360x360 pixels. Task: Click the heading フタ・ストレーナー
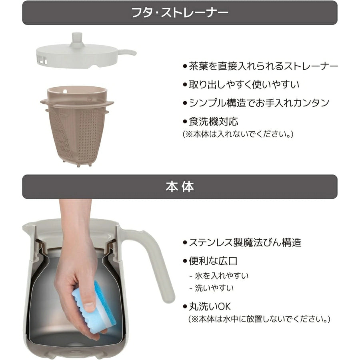pyautogui.click(x=180, y=13)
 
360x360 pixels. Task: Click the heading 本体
pyautogui.click(x=180, y=187)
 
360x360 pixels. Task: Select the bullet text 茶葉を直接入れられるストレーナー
pyautogui.click(x=260, y=66)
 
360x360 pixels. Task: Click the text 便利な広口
pyautogui.click(x=213, y=261)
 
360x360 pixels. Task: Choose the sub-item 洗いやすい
pyautogui.click(x=212, y=288)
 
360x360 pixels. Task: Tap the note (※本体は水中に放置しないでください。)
pyautogui.click(x=259, y=319)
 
